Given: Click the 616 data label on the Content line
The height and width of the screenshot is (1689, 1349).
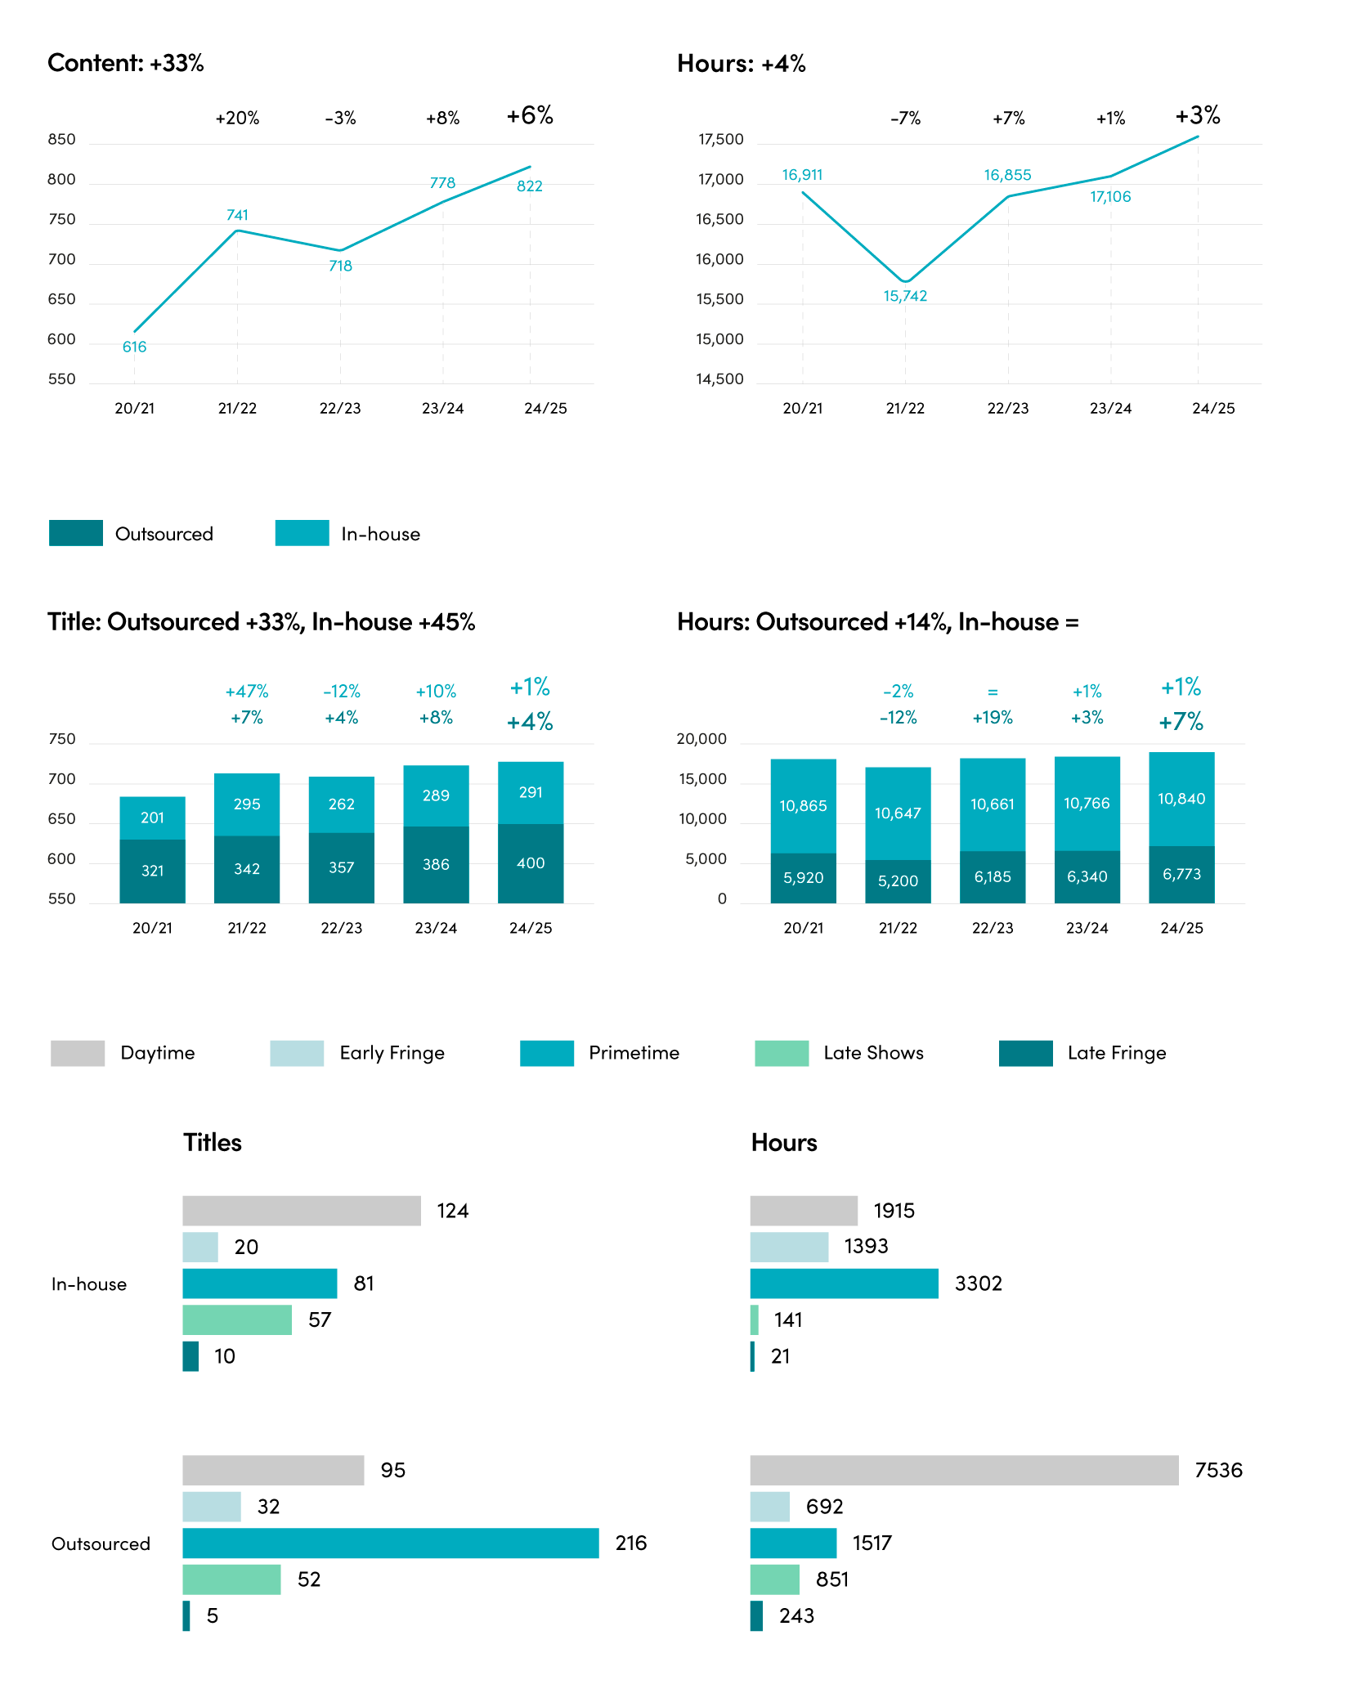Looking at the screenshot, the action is coord(134,347).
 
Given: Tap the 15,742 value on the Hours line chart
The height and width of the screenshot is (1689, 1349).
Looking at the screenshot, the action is coord(905,296).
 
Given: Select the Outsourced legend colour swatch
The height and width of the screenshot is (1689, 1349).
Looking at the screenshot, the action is coord(76,533).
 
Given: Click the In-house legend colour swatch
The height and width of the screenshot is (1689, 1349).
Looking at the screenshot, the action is coord(303,533).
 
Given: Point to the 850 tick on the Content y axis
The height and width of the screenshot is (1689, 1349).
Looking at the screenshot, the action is coord(61,140).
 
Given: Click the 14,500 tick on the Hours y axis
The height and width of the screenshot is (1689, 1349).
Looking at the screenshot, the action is coord(719,379).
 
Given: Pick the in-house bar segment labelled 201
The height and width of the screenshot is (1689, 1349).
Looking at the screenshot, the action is coord(152,818).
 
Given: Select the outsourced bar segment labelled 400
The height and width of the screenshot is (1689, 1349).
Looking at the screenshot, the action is coord(531,863).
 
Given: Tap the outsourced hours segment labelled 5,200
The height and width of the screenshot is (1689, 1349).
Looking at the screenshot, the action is coord(898,881).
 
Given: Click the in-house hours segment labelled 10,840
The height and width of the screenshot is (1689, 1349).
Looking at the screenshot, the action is coord(1181,799).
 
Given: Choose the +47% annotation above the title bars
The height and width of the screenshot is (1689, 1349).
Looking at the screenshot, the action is coord(247,692).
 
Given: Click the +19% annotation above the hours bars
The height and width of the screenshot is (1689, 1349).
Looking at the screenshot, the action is coord(993,718).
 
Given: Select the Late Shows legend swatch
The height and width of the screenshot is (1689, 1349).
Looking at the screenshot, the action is coord(782,1053).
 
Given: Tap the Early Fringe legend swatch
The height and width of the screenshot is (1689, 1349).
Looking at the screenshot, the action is coord(297,1053).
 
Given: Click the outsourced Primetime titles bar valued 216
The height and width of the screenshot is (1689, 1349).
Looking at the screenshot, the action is coord(391,1543).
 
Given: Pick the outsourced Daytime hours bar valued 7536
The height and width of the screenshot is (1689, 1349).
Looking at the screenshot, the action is coord(965,1470).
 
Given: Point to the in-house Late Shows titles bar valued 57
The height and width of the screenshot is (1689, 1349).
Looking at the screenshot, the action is coord(237,1320).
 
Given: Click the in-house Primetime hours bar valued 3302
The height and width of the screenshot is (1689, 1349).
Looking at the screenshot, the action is coord(845,1284).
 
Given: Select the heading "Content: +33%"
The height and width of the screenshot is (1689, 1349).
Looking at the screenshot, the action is coord(126,63).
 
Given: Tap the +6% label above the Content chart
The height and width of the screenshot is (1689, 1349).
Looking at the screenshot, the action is coord(530,115).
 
